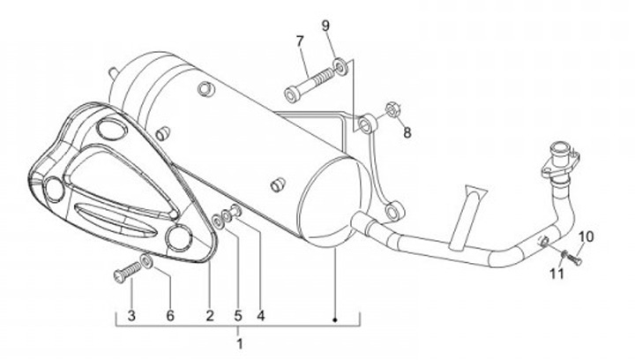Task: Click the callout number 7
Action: (300, 41)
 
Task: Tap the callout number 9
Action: (326, 26)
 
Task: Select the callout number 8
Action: (407, 132)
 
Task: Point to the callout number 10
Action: (586, 236)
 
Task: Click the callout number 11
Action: (557, 274)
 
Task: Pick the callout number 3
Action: (131, 316)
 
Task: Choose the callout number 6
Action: (170, 316)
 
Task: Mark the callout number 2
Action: (209, 316)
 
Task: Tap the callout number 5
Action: (238, 316)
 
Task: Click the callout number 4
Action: (261, 316)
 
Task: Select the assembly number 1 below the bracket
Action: (239, 344)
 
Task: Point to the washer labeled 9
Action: (340, 66)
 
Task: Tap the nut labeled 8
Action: (392, 109)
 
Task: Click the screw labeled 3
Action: (128, 272)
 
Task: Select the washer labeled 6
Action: (146, 260)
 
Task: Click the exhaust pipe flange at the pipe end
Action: (561, 161)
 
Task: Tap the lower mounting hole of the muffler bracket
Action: (392, 213)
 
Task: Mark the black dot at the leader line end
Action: (335, 320)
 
